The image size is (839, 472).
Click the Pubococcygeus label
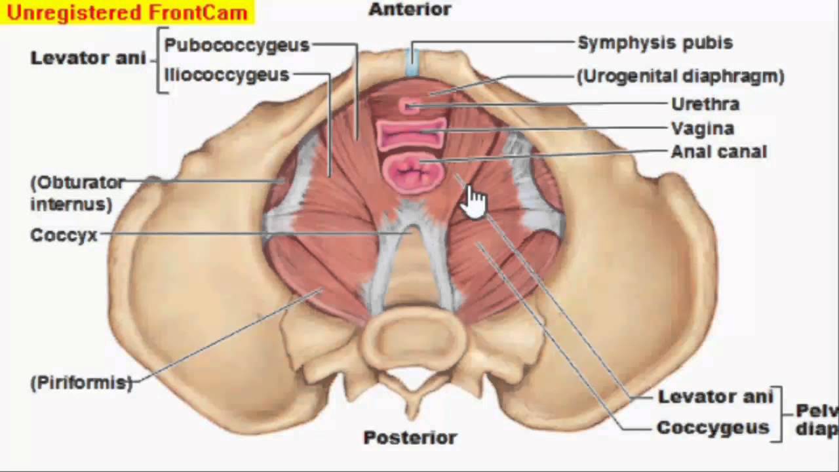point(237,45)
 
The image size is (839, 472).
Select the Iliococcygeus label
point(227,75)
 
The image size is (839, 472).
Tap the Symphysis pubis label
point(655,43)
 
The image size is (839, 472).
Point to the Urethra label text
point(705,104)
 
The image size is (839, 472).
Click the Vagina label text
point(702,128)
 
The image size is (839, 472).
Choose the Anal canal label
point(718,152)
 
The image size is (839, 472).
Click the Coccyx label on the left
point(64,235)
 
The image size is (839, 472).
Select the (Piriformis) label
point(81,383)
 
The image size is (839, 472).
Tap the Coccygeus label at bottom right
point(712,428)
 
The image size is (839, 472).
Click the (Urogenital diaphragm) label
point(680,76)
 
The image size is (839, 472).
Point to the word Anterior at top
point(410,10)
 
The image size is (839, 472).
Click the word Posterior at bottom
point(410,437)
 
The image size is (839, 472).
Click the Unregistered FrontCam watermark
point(127,12)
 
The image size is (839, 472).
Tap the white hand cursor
point(475,201)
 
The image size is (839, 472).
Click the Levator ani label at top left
point(88,58)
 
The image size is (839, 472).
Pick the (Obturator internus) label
point(77,193)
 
